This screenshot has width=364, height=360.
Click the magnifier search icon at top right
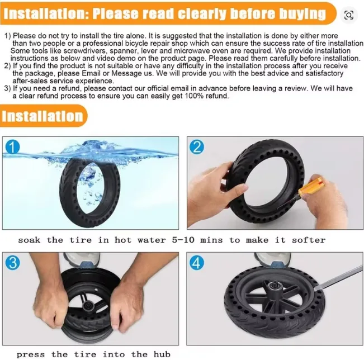tap(348, 15)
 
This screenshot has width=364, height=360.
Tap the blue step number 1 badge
tap(12, 147)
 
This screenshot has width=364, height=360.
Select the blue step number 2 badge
tap(197, 147)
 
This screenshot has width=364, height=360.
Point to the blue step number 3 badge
tap(12, 263)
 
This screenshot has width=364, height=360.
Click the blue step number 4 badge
tap(197, 263)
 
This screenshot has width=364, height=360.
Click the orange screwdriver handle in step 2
tap(309, 187)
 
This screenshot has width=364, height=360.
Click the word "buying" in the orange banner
tap(302, 13)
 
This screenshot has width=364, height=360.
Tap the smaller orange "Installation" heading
tap(42, 116)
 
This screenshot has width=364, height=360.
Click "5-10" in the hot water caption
tap(183, 240)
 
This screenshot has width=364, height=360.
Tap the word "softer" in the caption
tap(309, 240)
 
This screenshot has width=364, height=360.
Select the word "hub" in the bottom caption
tap(162, 354)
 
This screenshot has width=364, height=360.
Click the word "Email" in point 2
tap(91, 73)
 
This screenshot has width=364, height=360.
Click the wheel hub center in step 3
tap(88, 306)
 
